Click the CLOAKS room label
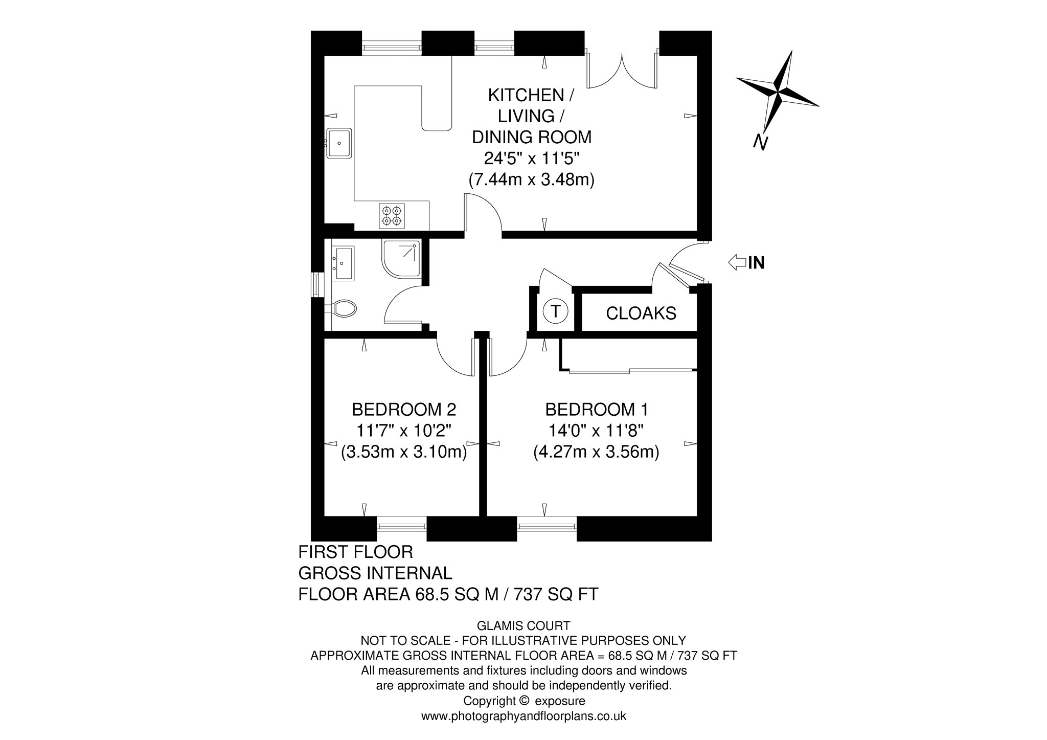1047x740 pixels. [641, 313]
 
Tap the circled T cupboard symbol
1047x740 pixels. [555, 311]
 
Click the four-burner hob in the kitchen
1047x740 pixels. [392, 215]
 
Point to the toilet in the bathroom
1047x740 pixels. [344, 308]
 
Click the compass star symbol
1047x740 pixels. [778, 92]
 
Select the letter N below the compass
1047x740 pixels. [761, 143]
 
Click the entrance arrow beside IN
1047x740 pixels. [737, 263]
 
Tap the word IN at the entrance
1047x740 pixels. [757, 263]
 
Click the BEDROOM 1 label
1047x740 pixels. [597, 410]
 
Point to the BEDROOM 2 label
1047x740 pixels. [404, 410]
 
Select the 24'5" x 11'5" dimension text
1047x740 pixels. [532, 159]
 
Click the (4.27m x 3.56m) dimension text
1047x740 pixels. [596, 453]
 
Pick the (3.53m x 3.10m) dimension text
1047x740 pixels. [404, 453]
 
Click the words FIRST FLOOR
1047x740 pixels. [356, 552]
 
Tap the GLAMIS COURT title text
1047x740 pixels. [523, 625]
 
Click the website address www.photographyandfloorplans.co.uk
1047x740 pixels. [523, 716]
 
